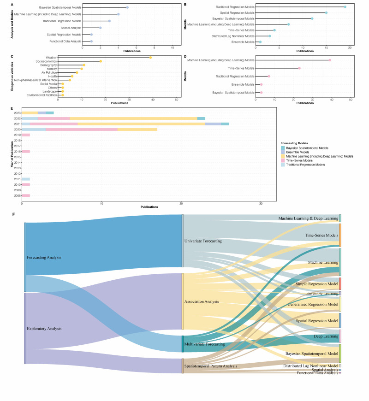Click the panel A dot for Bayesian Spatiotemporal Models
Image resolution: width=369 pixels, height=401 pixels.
(127, 7)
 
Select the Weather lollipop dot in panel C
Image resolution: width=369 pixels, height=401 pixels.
(150, 57)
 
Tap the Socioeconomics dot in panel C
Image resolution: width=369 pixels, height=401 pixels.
(101, 61)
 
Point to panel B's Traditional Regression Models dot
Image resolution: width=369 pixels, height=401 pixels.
(345, 7)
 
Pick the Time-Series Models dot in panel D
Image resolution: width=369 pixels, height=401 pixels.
(299, 68)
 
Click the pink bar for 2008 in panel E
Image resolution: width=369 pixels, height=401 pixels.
(26, 195)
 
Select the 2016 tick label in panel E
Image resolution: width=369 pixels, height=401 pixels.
(18, 151)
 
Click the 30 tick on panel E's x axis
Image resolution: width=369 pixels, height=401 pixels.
(261, 204)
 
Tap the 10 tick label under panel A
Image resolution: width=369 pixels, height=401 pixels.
(172, 47)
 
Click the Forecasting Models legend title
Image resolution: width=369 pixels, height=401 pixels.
(295, 143)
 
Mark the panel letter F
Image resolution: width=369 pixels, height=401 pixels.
(13, 214)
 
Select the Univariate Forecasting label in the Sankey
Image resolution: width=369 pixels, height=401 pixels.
(203, 241)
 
